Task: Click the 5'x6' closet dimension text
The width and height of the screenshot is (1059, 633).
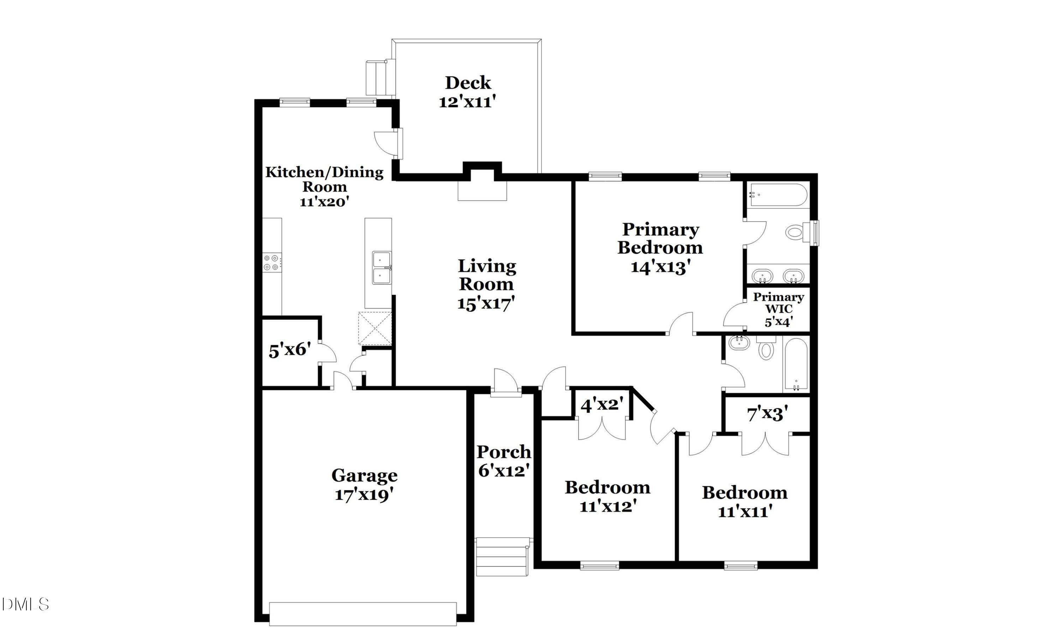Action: click(x=290, y=350)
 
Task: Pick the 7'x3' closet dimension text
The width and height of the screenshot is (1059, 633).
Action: click(x=767, y=413)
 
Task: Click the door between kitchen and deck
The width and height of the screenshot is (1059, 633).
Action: click(x=395, y=143)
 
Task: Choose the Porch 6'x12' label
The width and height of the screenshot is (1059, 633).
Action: click(x=503, y=461)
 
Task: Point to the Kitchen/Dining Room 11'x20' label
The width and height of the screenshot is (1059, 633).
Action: click(x=324, y=187)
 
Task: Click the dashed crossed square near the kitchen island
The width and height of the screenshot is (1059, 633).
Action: click(x=375, y=328)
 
